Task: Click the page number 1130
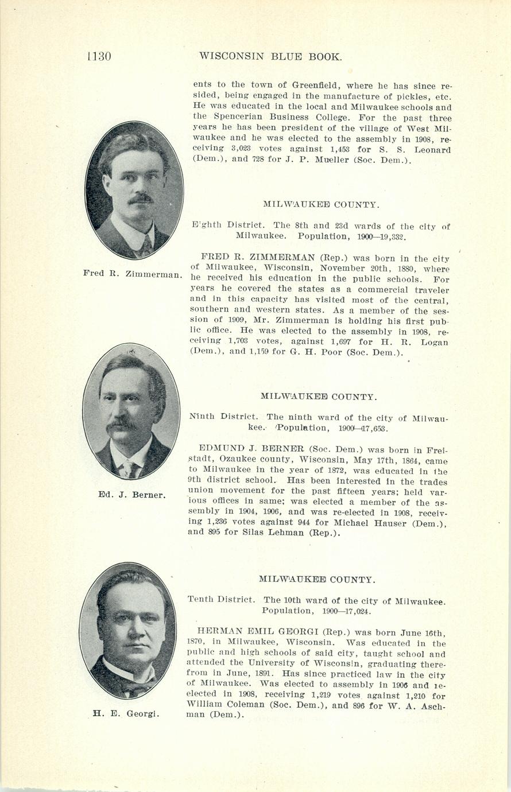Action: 98,56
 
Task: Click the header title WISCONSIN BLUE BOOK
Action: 270,56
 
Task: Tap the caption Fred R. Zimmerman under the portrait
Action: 132,274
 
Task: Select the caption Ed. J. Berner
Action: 131,495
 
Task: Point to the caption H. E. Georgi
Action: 126,714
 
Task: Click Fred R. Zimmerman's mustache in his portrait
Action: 140,199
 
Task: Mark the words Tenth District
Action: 221,600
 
